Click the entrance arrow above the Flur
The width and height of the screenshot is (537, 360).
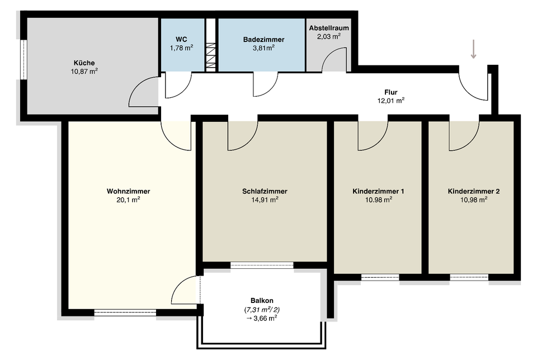[x=473, y=49]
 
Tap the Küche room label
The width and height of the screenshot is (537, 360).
[x=84, y=63]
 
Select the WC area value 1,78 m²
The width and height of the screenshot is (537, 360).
[x=181, y=48]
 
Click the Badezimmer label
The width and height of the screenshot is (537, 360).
[x=263, y=40]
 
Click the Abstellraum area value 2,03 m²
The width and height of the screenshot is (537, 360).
[x=329, y=36]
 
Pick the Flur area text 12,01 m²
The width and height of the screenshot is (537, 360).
[x=391, y=101]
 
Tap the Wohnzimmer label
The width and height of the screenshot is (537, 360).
[x=129, y=191]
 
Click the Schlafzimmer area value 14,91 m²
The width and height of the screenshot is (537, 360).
[x=265, y=200]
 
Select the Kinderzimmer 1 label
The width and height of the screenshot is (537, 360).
[x=379, y=191]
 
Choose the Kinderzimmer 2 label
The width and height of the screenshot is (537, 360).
[x=474, y=191]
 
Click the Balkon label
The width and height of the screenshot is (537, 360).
[x=262, y=301]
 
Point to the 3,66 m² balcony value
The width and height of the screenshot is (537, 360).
[x=262, y=318]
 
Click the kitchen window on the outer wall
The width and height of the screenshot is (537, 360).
[x=23, y=60]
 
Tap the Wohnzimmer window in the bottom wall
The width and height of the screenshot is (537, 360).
[x=125, y=312]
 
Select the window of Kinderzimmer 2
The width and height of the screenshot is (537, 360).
[x=469, y=277]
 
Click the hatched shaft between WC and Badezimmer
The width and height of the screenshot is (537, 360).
[x=211, y=57]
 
